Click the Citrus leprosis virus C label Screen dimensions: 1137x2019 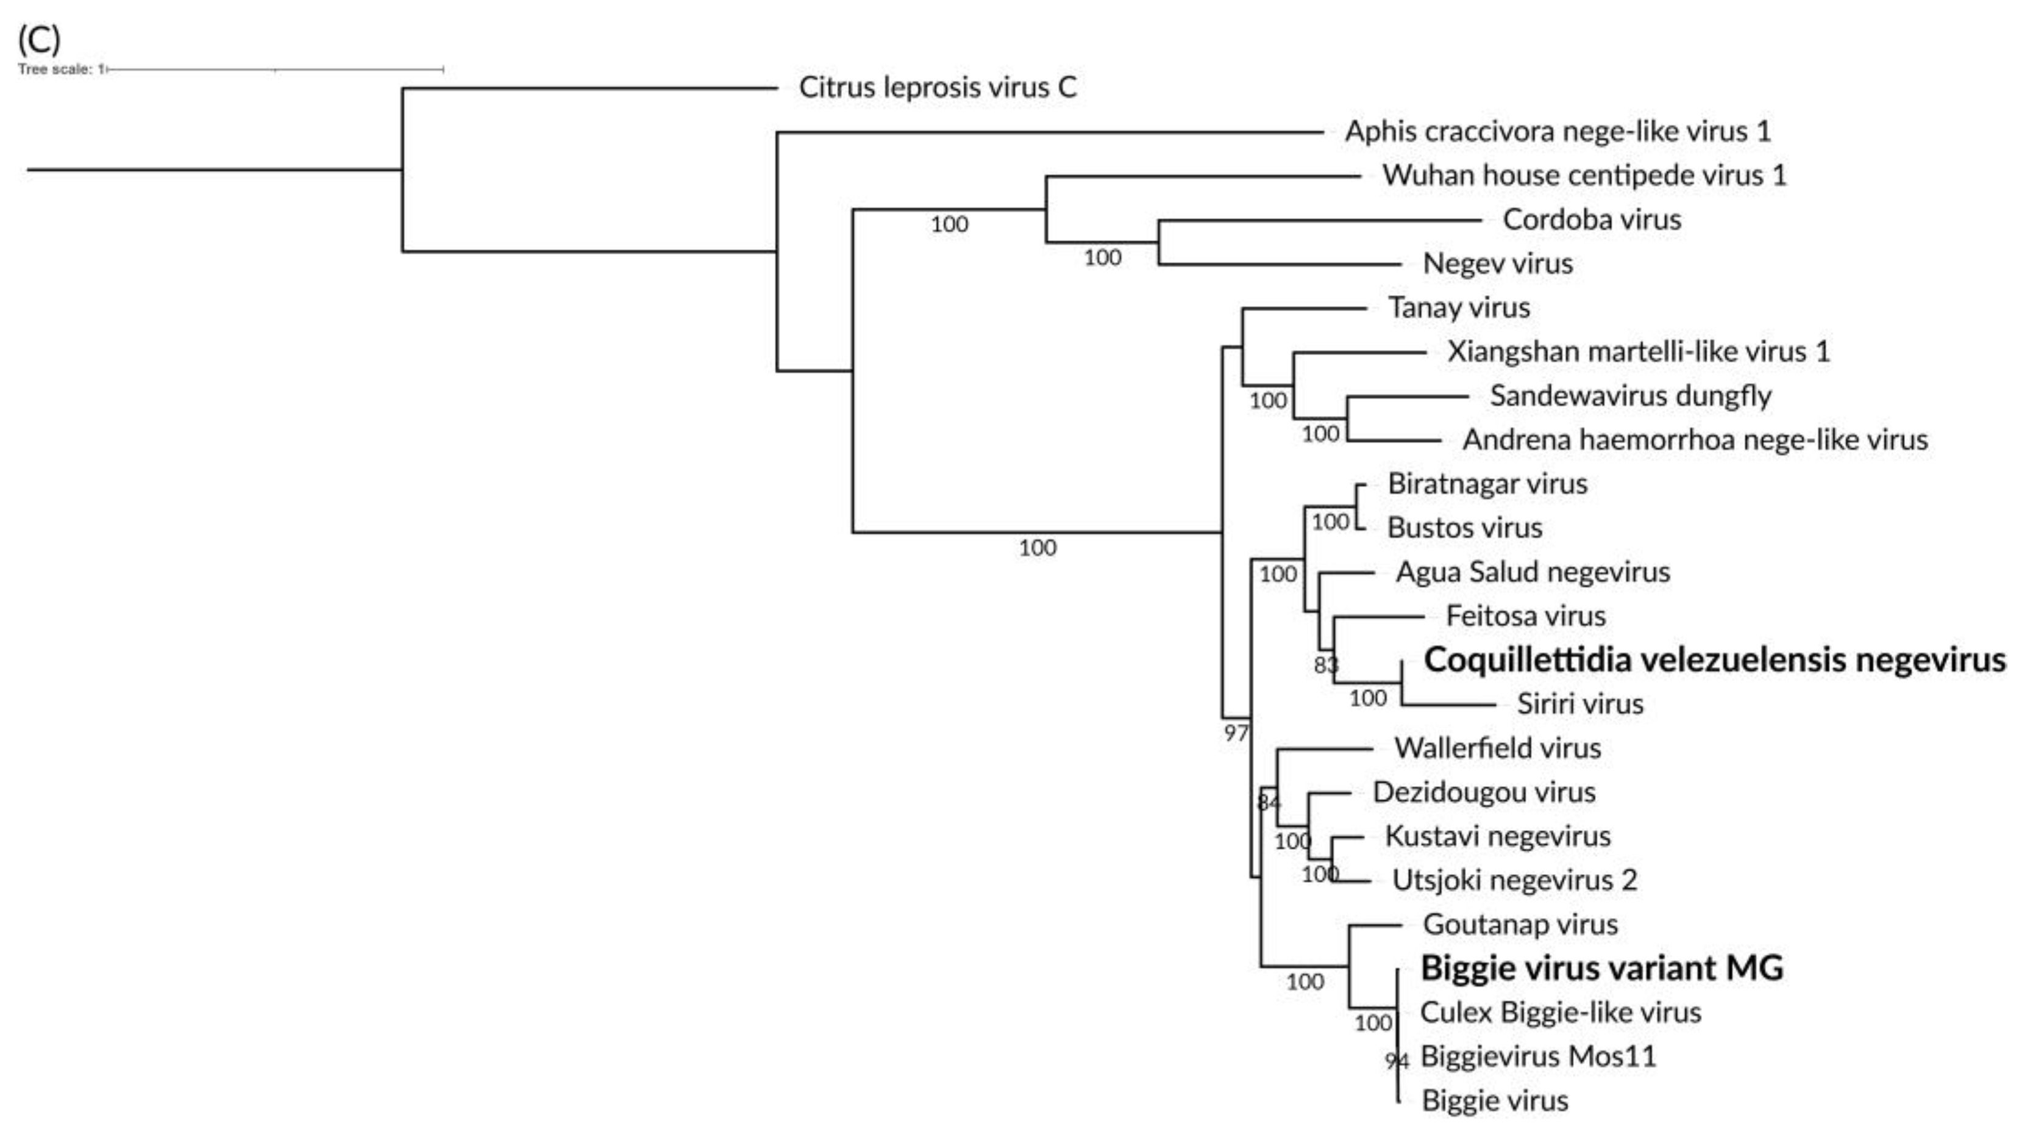point(938,87)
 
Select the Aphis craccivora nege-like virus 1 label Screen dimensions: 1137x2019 point(1558,131)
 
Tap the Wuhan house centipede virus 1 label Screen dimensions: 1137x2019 point(1584,175)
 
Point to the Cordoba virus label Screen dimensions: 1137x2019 point(1591,220)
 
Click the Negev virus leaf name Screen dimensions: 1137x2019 point(1497,264)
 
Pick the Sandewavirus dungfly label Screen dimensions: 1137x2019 point(1629,396)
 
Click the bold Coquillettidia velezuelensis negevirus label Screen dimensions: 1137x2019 point(1714,660)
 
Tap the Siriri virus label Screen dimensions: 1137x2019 point(1579,704)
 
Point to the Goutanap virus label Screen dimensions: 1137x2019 point(1520,925)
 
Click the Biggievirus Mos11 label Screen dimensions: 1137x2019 point(1538,1056)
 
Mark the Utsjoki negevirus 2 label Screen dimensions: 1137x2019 point(1514,881)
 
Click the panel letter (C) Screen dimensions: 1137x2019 point(38,39)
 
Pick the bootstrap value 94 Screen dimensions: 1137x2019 point(1397,1061)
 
